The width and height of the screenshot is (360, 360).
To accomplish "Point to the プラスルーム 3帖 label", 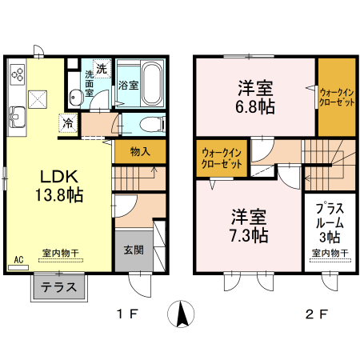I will coord(328,221).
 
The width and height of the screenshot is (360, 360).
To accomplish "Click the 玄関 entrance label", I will coord(134,250).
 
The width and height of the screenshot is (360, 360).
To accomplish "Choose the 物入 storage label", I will coord(140,152).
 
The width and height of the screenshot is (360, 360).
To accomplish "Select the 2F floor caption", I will coord(318,314).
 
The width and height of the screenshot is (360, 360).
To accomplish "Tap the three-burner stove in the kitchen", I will coord(19,76).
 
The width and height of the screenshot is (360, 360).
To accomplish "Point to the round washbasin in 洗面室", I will coord(75,97).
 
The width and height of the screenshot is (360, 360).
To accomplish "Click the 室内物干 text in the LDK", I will coord(61,253).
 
